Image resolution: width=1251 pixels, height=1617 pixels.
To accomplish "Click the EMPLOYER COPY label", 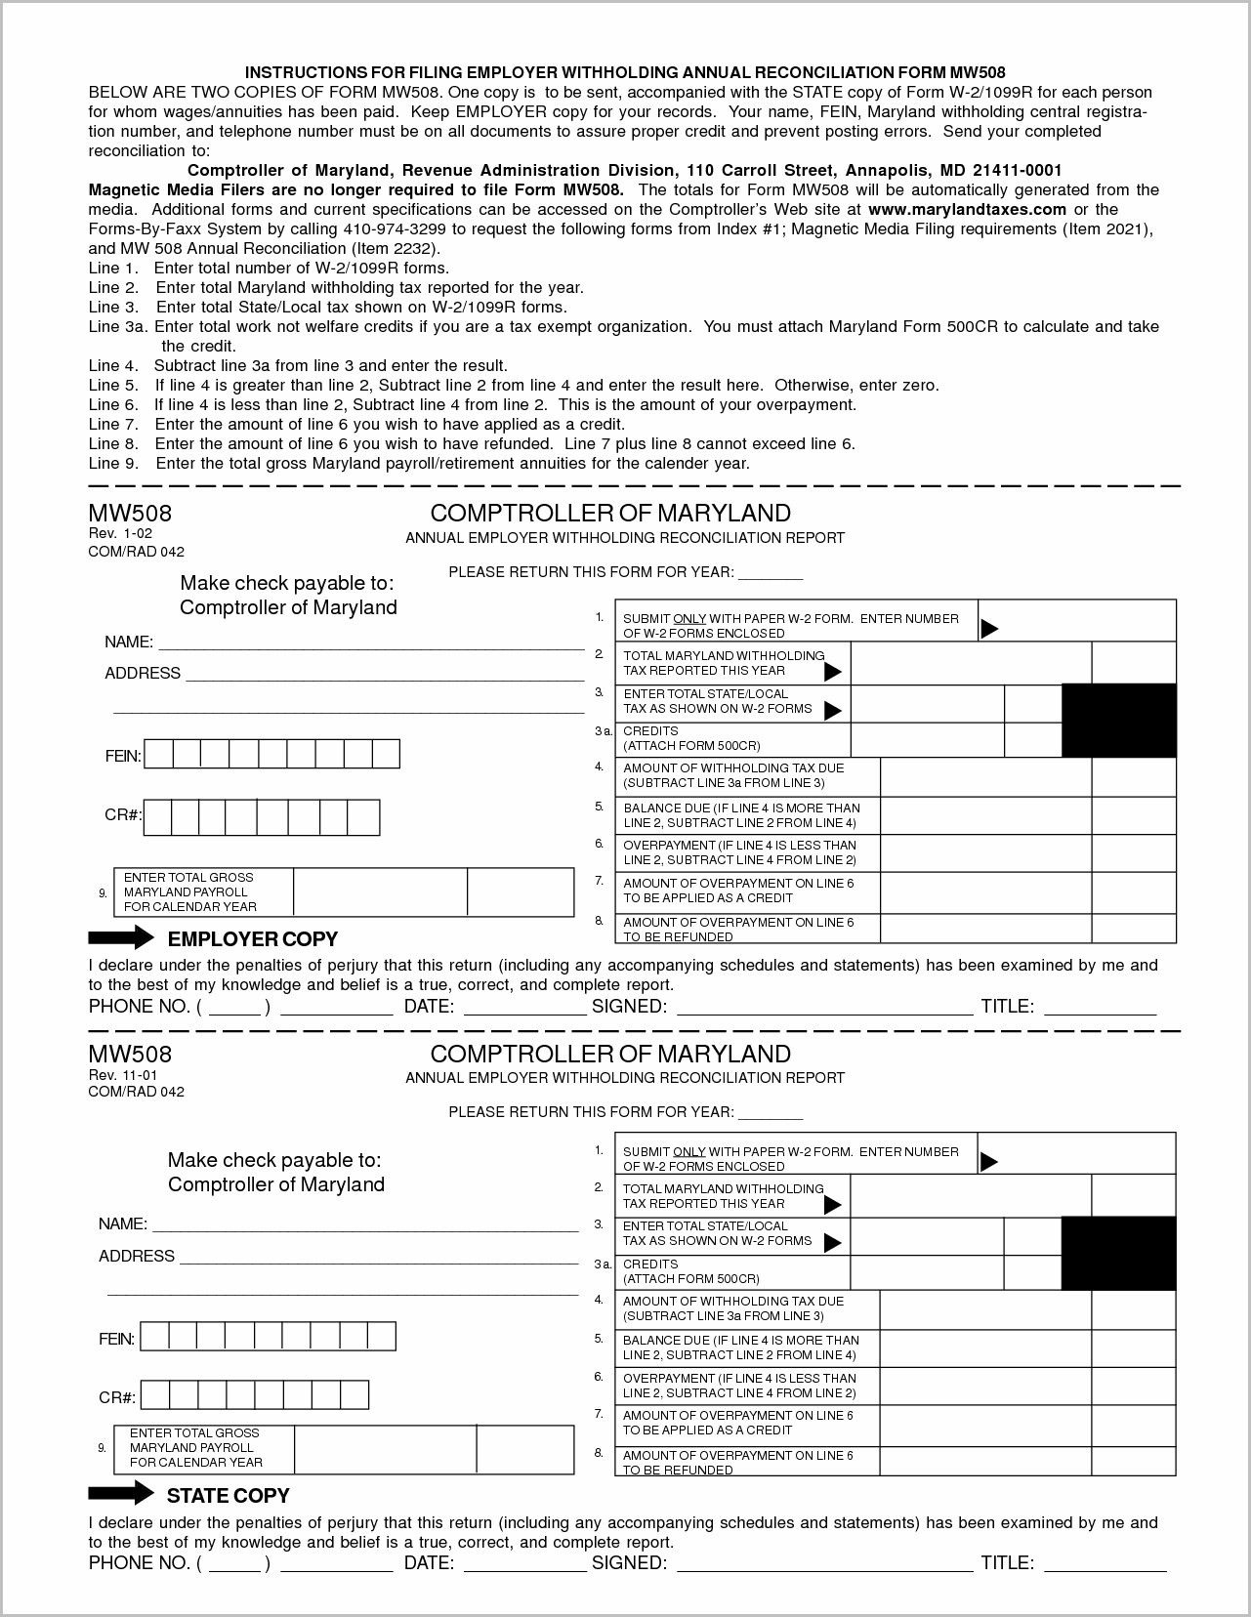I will point(252,939).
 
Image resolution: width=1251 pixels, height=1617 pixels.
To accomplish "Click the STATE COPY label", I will point(228,1495).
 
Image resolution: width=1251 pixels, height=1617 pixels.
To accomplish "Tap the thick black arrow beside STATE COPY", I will point(120,1493).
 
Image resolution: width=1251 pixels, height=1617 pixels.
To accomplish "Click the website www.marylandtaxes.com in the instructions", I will point(967,209).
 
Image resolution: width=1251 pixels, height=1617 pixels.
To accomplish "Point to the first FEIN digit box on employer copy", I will point(159,754).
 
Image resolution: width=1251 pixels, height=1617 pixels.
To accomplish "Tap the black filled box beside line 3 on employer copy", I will point(1118,721).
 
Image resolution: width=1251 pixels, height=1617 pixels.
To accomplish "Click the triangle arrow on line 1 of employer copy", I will point(988,628).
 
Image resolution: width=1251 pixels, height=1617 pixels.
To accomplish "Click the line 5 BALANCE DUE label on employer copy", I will point(741,814).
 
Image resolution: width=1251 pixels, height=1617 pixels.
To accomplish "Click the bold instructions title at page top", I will point(624,72).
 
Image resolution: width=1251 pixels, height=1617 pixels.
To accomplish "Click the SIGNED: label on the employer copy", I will point(629,1007).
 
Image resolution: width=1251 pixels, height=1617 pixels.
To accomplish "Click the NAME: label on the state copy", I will point(122,1223).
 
